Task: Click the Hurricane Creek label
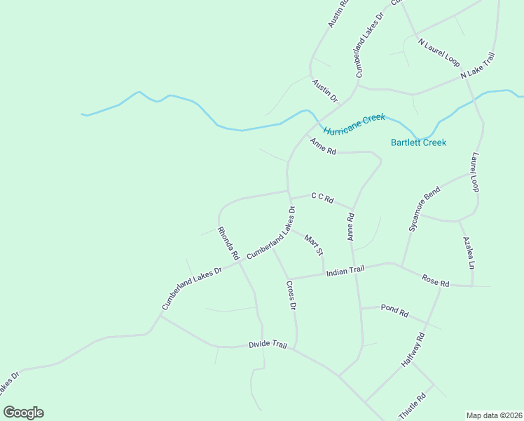click(x=354, y=124)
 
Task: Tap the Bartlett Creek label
click(x=418, y=142)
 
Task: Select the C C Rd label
click(x=322, y=199)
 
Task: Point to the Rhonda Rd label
click(x=228, y=243)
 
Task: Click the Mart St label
click(x=313, y=246)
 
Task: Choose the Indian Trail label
click(x=345, y=270)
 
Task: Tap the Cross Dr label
click(x=291, y=295)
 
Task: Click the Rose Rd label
click(x=435, y=281)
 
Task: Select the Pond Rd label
click(x=394, y=310)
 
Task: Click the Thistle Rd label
click(x=412, y=406)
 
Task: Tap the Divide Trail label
click(x=268, y=345)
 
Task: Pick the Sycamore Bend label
click(x=424, y=209)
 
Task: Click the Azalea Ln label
click(x=469, y=253)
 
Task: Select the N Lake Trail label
click(x=478, y=65)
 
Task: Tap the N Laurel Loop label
click(x=439, y=52)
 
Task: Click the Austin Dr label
click(x=324, y=90)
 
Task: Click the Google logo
click(x=23, y=413)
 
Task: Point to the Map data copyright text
click(x=494, y=415)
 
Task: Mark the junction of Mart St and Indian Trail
click(x=323, y=274)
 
